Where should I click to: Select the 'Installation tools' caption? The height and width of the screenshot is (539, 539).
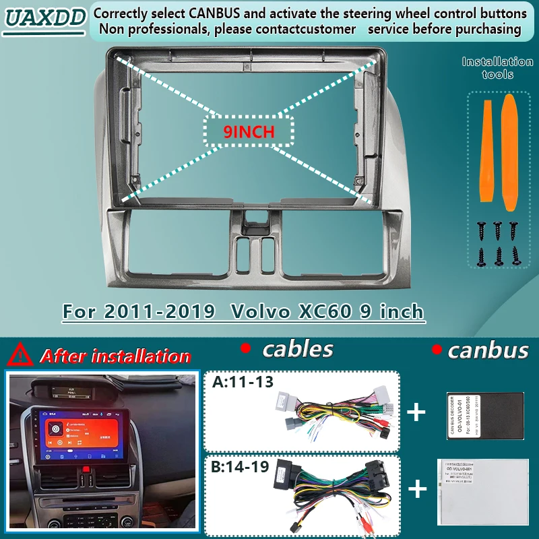pos(497,67)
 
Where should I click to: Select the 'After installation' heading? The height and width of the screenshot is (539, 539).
pos(115,356)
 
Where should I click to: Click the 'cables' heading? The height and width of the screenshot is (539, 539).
pos(297,349)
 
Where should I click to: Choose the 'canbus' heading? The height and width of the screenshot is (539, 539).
pos(488,350)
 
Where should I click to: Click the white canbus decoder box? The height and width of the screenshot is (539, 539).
pos(476,491)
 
